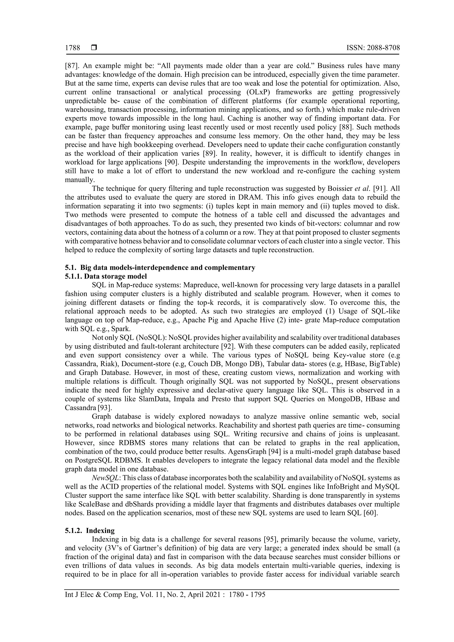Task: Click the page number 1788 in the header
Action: click(72, 48)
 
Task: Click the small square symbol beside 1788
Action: click(94, 48)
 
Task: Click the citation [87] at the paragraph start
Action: click(71, 66)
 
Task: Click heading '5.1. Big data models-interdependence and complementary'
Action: click(160, 268)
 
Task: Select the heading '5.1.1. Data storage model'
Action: click(106, 277)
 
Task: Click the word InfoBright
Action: click(344, 486)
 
